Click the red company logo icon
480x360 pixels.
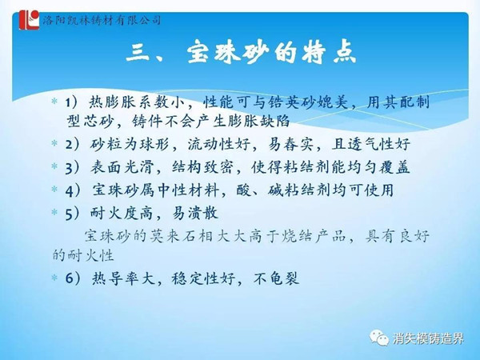coord(30,20)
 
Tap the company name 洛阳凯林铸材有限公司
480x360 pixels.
coord(102,21)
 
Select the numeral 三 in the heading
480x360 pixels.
coord(138,54)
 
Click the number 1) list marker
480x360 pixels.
coord(71,102)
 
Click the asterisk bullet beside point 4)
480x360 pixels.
coord(54,189)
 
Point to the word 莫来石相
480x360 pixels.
coord(182,236)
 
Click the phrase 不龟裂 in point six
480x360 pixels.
coord(276,278)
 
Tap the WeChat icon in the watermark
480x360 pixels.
coord(379,338)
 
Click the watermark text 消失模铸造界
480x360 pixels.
coord(428,338)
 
